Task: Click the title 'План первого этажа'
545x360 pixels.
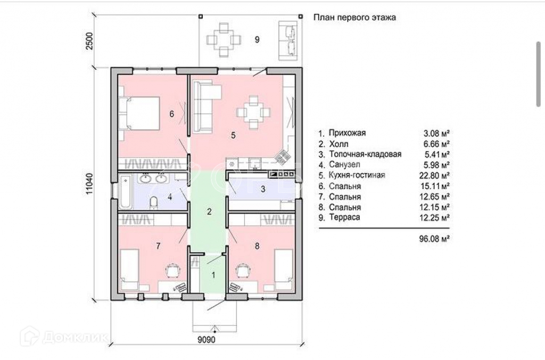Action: pyautogui.click(x=354, y=18)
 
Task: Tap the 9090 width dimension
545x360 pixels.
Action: pyautogui.click(x=207, y=339)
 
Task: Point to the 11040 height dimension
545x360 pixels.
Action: pyautogui.click(x=89, y=183)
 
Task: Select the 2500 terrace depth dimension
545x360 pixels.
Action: pyautogui.click(x=89, y=40)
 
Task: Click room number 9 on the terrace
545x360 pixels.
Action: pyautogui.click(x=257, y=39)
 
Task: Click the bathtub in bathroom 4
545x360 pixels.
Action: pyautogui.click(x=125, y=192)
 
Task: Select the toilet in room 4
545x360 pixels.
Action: pyautogui.click(x=153, y=203)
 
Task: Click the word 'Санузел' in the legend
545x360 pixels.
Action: pyautogui.click(x=344, y=165)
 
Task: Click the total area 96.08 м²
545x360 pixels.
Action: pyautogui.click(x=434, y=239)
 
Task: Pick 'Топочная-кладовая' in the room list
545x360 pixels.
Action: pyautogui.click(x=365, y=154)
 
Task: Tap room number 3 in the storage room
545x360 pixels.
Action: pyautogui.click(x=263, y=189)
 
